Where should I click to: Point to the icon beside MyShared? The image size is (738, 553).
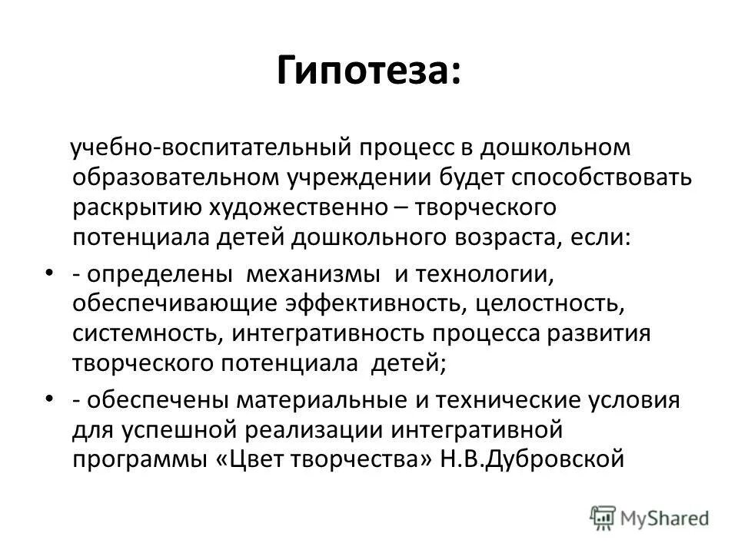[604, 517]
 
